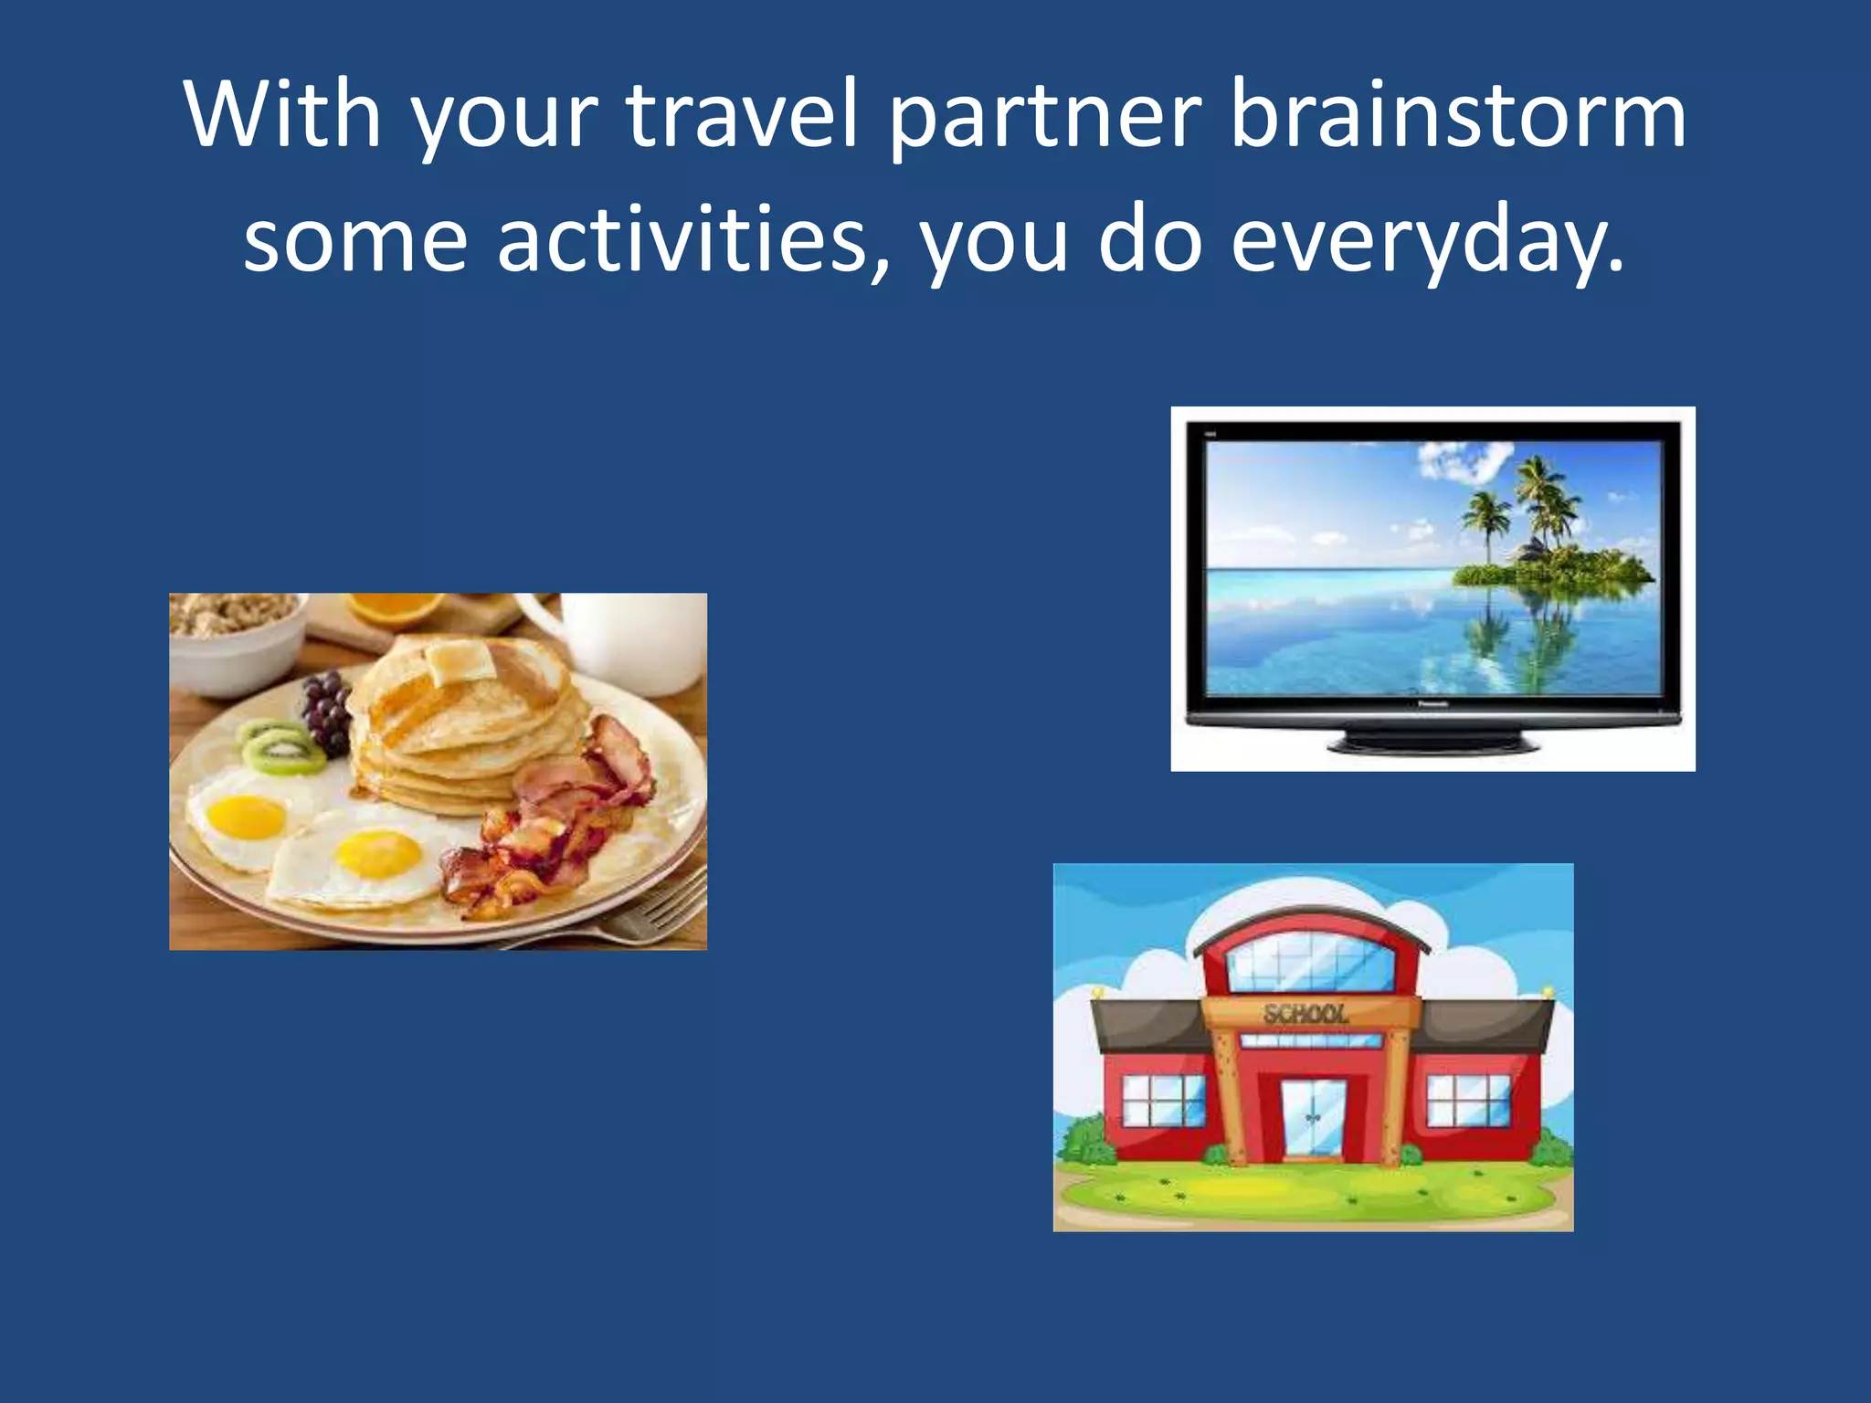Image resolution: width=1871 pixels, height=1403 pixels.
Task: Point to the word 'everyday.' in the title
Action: click(1428, 239)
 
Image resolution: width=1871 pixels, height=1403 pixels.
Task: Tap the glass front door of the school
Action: click(1313, 1119)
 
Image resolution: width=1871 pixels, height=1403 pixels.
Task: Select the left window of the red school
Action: click(1163, 1100)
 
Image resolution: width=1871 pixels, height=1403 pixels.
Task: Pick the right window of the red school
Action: click(1469, 1100)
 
